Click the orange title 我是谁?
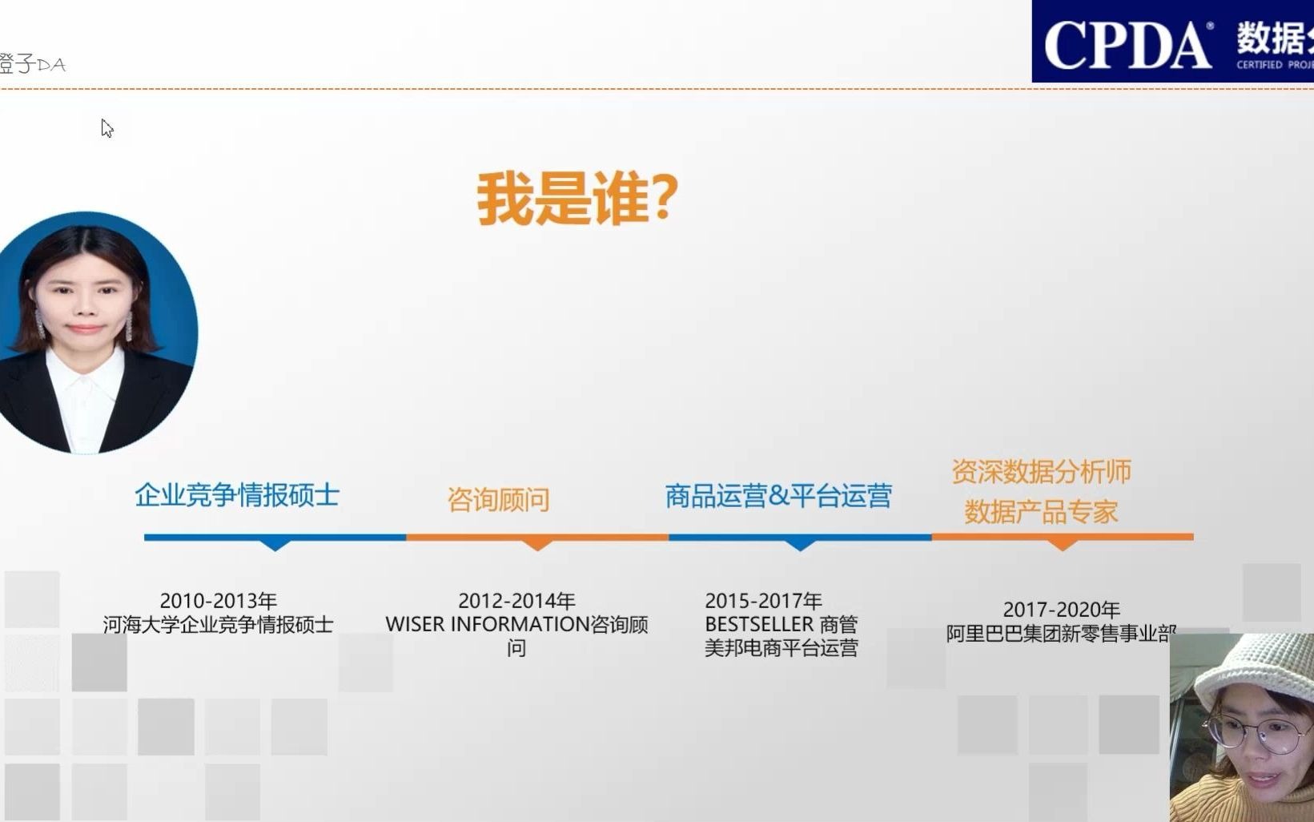coord(577,199)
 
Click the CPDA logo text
coord(1127,46)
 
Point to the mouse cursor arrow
coord(106,127)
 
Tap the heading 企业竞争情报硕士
coord(237,495)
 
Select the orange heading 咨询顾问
coord(498,500)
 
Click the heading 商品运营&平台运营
coord(778,496)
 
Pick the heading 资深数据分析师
coord(1041,472)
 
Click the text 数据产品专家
coord(1041,512)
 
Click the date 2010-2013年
coord(218,601)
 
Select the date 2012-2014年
coord(516,601)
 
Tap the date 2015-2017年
coord(763,601)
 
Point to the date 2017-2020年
coord(1061,610)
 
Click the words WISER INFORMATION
coord(487,624)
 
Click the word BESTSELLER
coord(758,624)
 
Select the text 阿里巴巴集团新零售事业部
coord(1060,634)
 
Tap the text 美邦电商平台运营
coord(781,648)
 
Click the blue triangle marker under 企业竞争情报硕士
coord(275,545)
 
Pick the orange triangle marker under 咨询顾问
coord(537,545)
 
